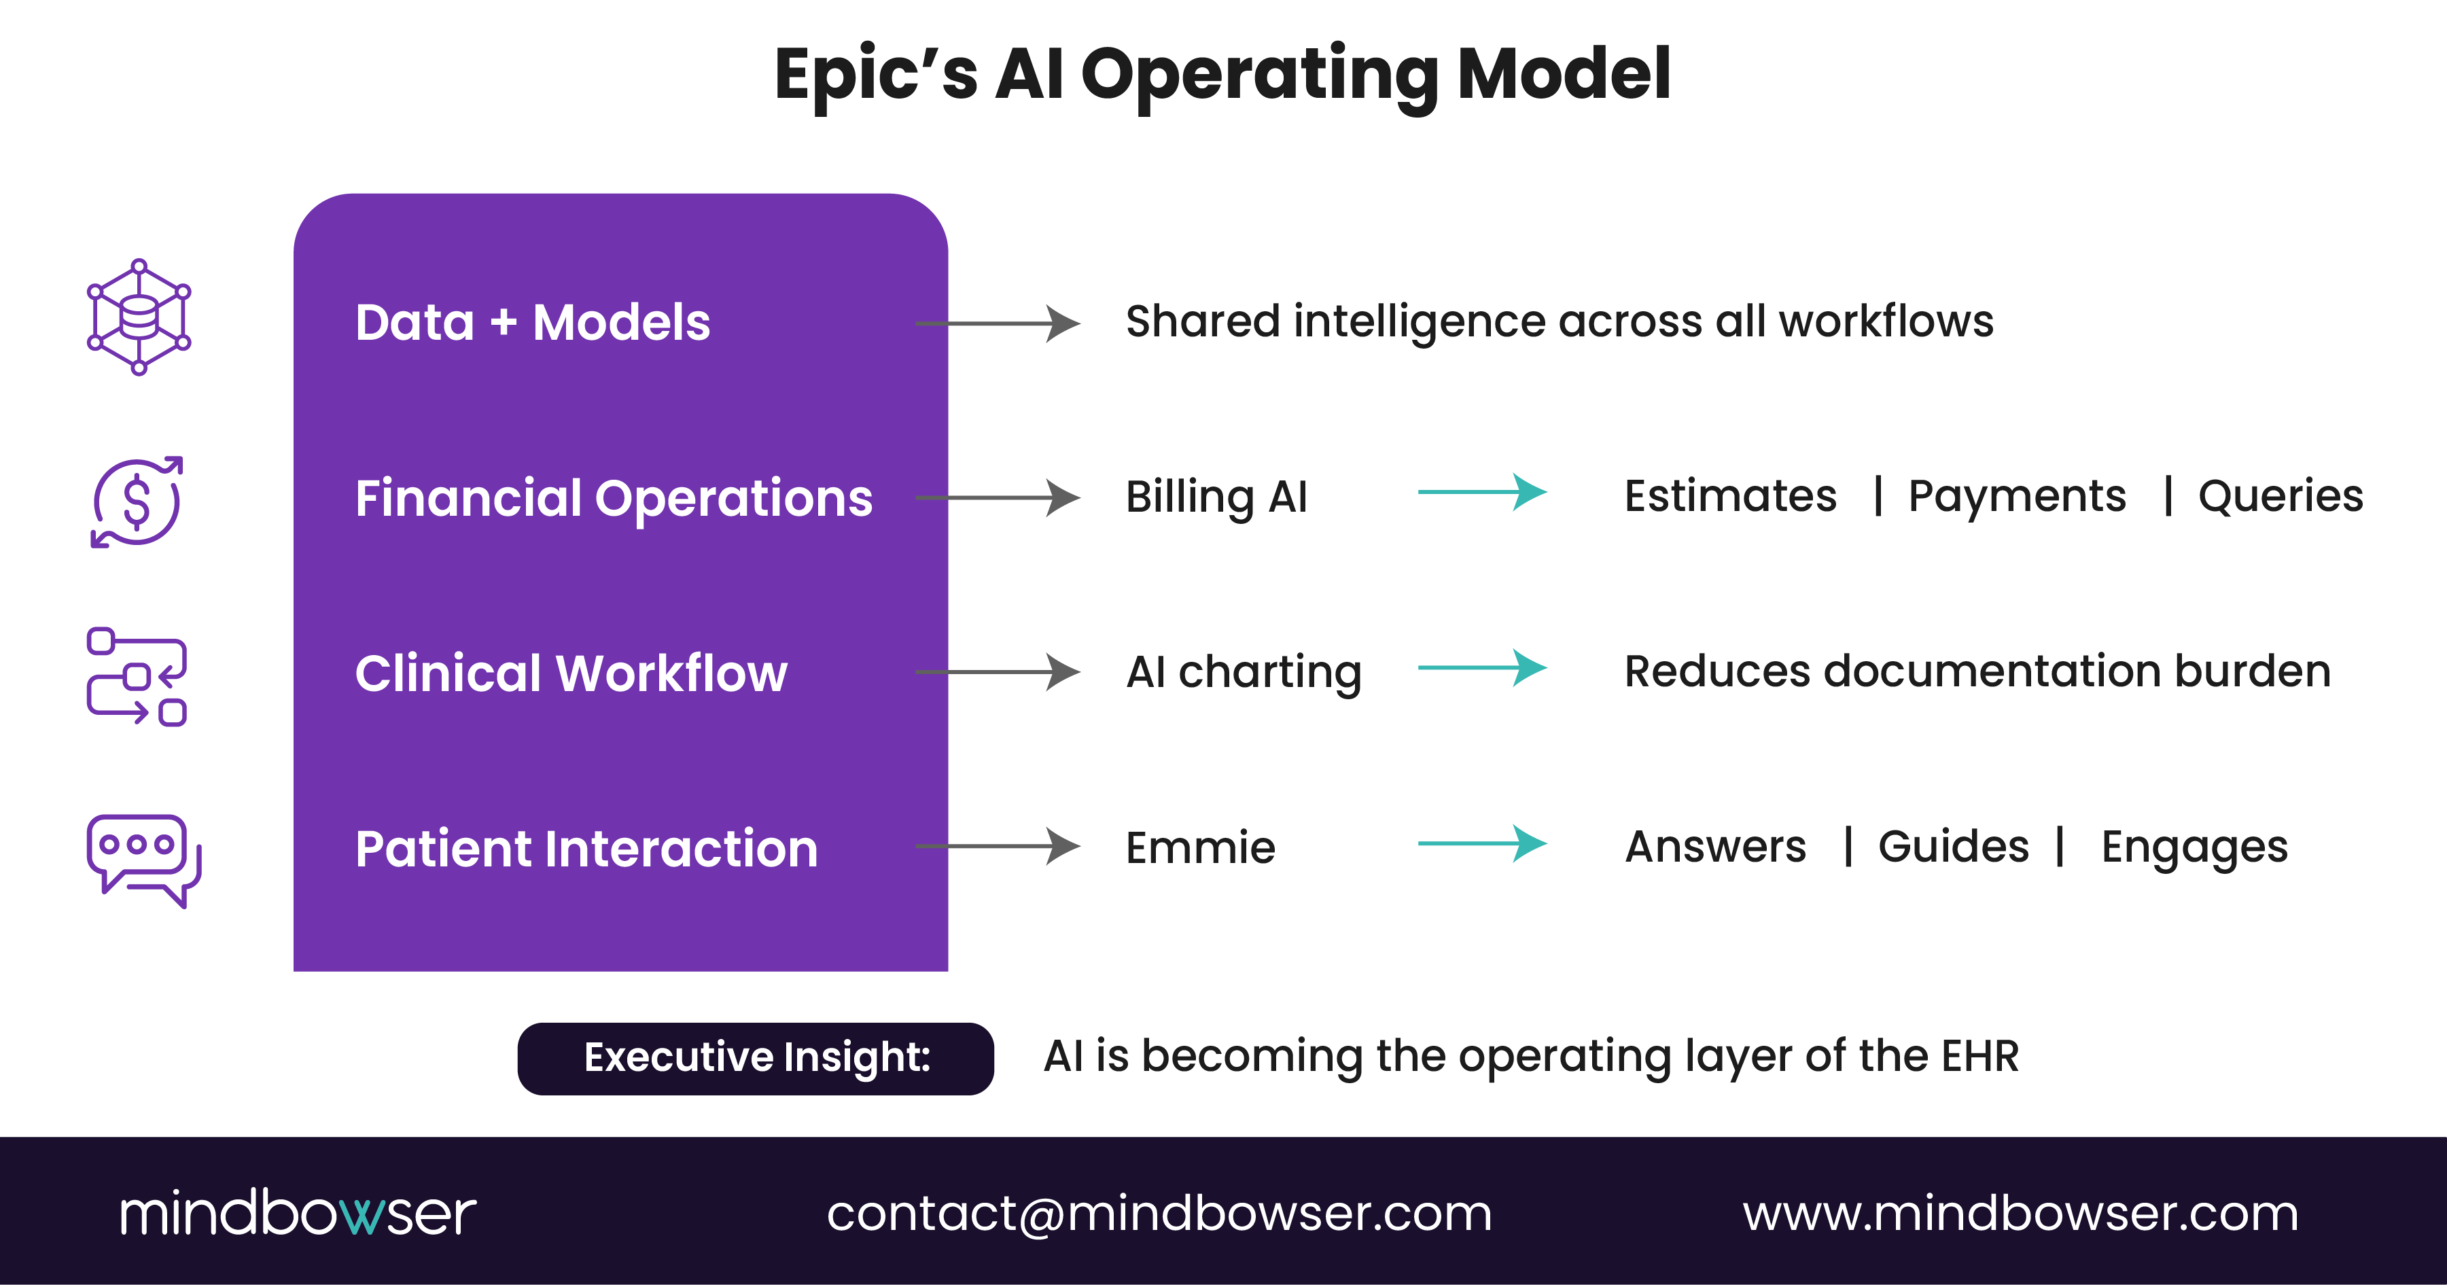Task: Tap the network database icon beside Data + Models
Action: click(139, 317)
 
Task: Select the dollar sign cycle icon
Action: click(137, 501)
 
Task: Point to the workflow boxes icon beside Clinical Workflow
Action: click(137, 676)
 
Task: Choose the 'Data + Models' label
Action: click(532, 323)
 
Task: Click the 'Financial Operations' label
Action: click(613, 499)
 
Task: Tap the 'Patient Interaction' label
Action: click(586, 848)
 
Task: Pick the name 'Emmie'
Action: click(1200, 847)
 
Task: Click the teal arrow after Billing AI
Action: click(1482, 492)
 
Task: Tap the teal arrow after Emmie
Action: click(1482, 843)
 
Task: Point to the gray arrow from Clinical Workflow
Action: click(998, 671)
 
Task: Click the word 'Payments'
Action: click(2017, 497)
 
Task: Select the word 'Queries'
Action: click(2280, 497)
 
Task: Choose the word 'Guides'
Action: click(1953, 846)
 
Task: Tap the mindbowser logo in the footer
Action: click(298, 1213)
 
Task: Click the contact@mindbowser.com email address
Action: click(1159, 1214)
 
